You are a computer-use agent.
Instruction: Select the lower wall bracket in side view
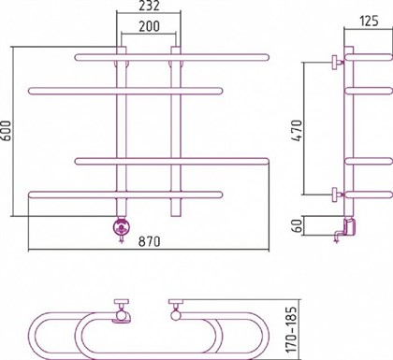coord(334,194)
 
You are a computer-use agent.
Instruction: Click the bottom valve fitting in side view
coord(345,225)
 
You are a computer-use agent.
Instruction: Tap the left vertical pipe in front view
coord(120,131)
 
